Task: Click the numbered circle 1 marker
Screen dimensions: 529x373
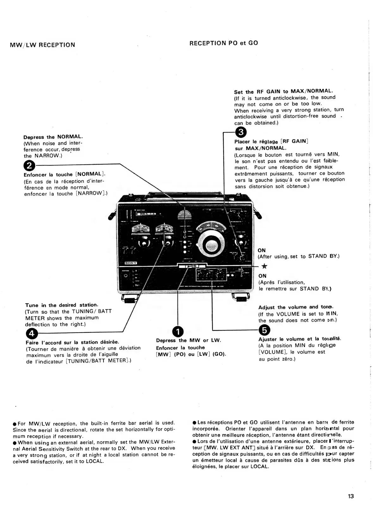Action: point(177,332)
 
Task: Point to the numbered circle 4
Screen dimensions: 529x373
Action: point(32,333)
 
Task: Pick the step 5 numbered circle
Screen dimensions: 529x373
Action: point(264,330)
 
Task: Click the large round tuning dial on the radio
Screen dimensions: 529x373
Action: point(210,244)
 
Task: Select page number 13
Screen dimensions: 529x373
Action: point(351,496)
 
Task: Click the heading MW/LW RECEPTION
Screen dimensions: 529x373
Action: point(42,45)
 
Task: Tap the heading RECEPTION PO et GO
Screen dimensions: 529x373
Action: point(223,43)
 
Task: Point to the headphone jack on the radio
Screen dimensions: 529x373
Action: point(126,276)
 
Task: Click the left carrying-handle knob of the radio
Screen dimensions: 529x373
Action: point(110,216)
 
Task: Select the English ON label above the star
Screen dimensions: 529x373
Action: point(262,250)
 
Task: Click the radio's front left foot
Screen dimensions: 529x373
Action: point(130,298)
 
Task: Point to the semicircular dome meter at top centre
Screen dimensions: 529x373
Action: point(185,215)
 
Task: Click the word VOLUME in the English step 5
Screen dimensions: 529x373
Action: point(288,314)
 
